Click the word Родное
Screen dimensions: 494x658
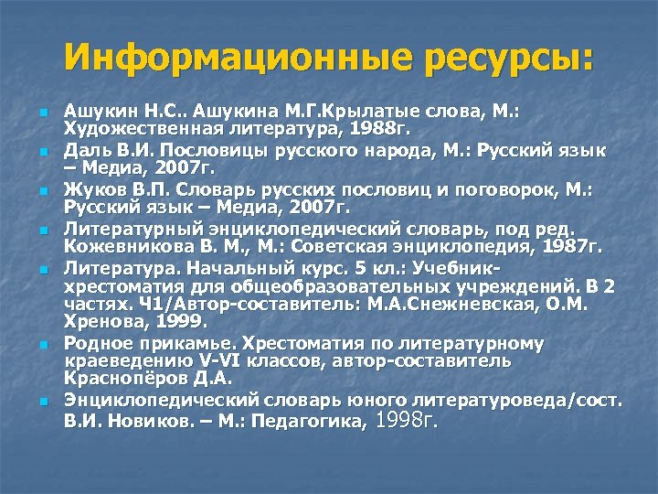coord(100,344)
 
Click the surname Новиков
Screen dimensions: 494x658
coord(143,422)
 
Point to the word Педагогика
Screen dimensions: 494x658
coord(314,422)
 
